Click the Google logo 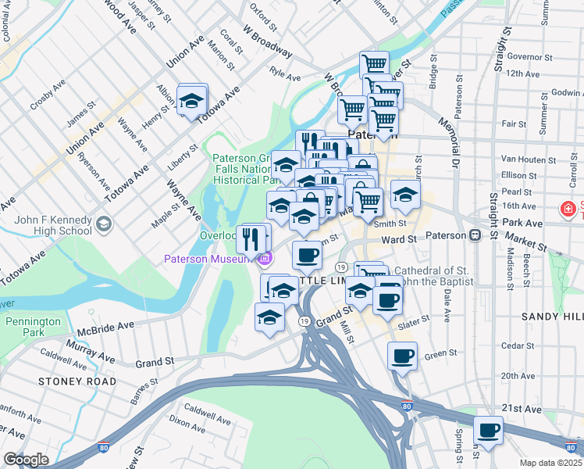(x=26, y=460)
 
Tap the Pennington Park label (x=32, y=328)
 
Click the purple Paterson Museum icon (x=265, y=259)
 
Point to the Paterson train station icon (x=474, y=235)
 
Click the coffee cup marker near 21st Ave (x=489, y=430)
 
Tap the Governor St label (x=529, y=56)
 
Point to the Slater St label (x=414, y=320)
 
